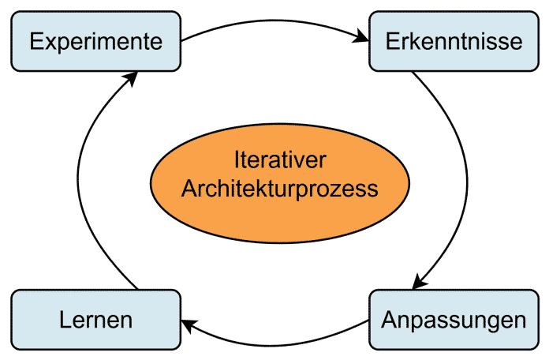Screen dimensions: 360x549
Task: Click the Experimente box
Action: click(95, 41)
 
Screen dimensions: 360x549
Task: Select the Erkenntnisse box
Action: click(454, 41)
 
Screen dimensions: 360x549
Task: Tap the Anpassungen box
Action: click(454, 321)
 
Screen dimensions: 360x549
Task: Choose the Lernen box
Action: click(95, 321)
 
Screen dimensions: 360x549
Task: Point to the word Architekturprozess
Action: click(280, 189)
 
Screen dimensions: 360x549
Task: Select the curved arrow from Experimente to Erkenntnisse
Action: click(276, 18)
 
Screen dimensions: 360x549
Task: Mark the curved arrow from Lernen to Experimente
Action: click(84, 182)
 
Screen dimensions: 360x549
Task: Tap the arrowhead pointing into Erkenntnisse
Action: click(362, 36)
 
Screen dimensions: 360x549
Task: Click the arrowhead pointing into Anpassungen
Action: click(420, 282)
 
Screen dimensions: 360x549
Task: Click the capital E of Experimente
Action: click(36, 41)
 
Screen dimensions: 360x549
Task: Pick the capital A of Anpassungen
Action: click(389, 321)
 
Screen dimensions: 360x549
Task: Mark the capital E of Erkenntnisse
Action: click(393, 41)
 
